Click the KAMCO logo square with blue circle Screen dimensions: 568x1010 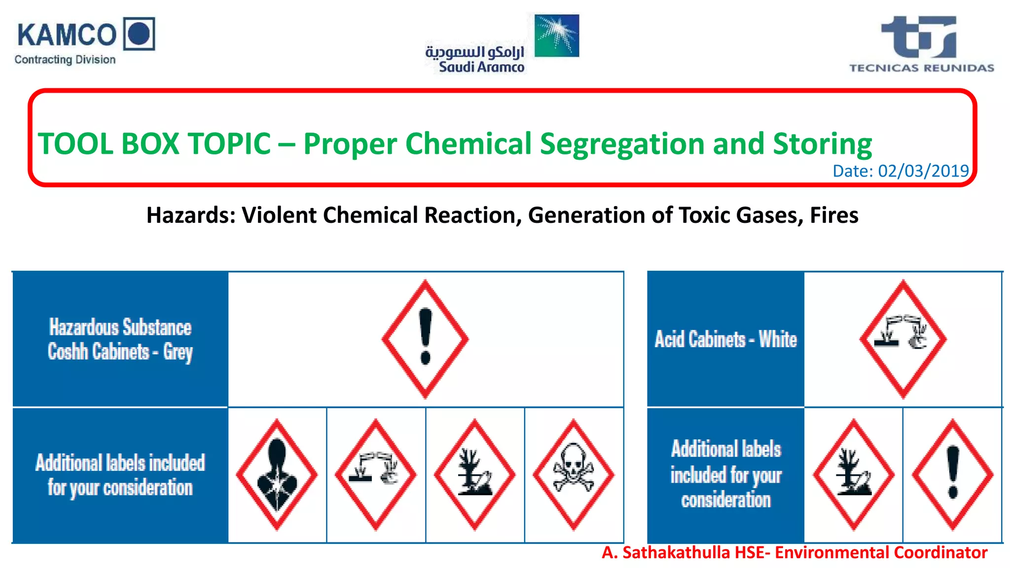[139, 34]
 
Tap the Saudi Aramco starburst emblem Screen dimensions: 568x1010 [557, 35]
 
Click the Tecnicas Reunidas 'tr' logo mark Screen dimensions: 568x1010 [919, 37]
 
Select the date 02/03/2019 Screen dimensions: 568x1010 [923, 171]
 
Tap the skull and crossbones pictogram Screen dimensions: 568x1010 [574, 474]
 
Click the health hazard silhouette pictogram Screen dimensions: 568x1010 [277, 474]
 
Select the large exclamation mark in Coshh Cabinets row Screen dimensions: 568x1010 [425, 339]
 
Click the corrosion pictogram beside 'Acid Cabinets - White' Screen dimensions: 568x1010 [903, 339]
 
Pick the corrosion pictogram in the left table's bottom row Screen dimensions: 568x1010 [376, 474]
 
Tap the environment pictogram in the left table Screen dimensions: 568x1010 [474, 474]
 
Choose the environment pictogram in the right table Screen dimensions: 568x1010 [853, 474]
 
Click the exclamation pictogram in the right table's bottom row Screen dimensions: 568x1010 [953, 474]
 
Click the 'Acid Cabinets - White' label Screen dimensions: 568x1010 [725, 339]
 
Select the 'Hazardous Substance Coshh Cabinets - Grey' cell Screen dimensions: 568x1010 [120, 339]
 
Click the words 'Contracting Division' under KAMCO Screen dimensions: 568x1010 [65, 60]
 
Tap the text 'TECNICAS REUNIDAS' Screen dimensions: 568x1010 [921, 68]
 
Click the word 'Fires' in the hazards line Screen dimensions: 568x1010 [834, 215]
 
